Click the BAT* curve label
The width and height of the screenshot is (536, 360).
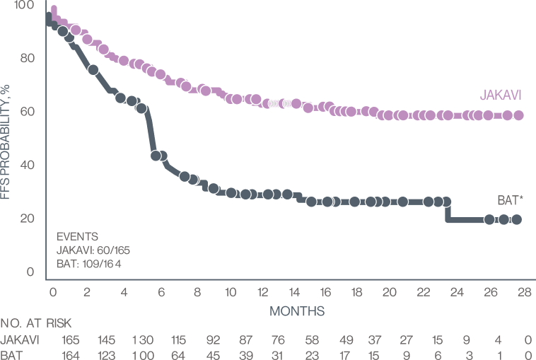tap(510, 201)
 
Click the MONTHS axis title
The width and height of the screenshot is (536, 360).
tap(296, 310)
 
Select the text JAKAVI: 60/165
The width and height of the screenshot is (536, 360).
tap(93, 250)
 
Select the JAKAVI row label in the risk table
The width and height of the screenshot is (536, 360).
tap(20, 341)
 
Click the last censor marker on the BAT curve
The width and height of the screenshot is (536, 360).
tap(517, 219)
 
